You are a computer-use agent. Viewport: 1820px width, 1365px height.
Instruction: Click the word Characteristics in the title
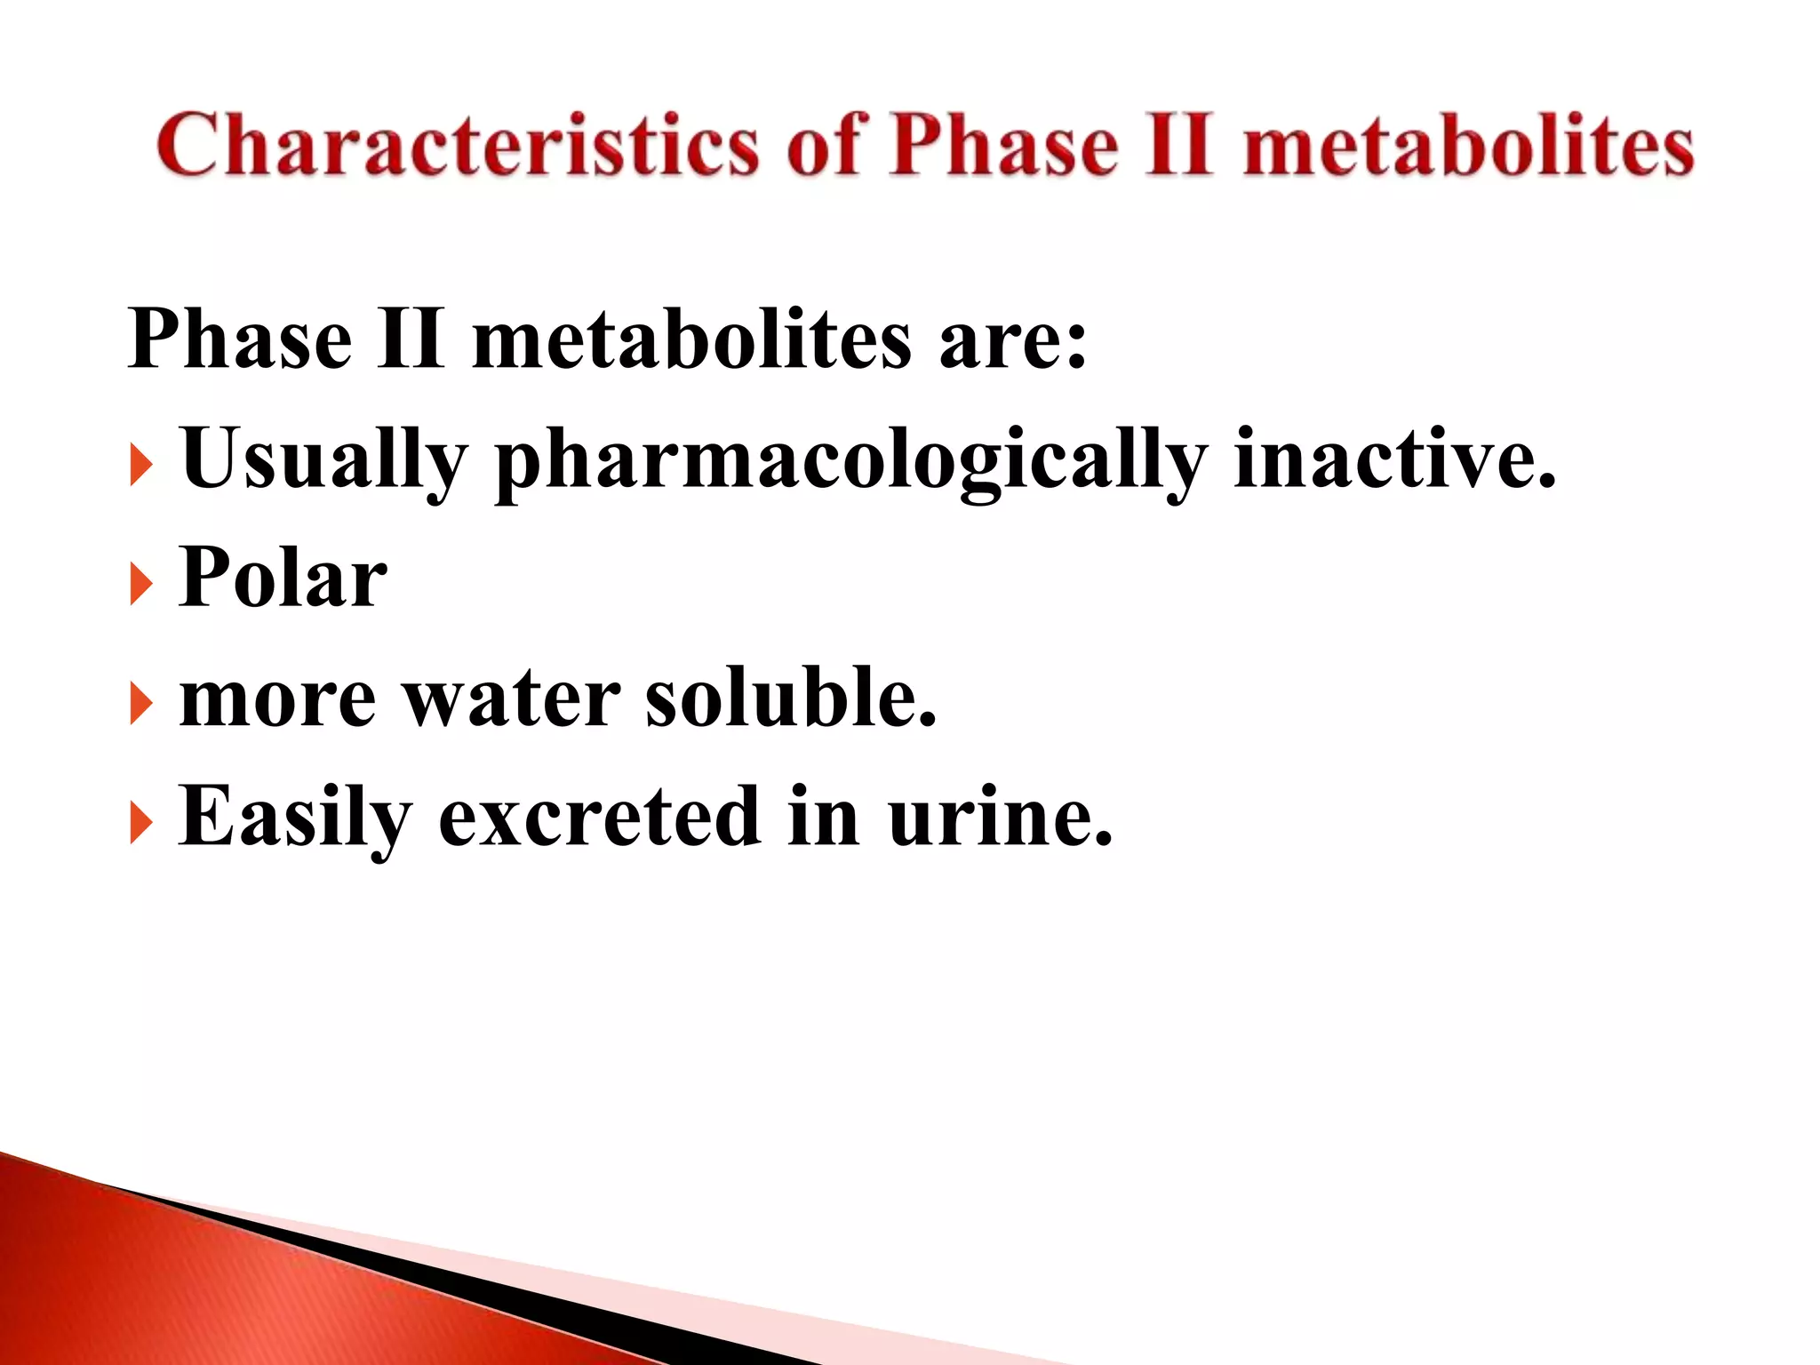[457, 144]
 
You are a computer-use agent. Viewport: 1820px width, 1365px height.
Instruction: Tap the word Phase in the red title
[1003, 144]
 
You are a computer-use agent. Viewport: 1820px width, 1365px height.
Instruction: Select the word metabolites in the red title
[1468, 144]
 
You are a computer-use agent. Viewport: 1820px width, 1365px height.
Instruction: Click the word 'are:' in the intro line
[1012, 340]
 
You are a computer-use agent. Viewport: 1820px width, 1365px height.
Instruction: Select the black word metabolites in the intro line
[691, 340]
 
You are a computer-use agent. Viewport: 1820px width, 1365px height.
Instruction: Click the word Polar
[283, 578]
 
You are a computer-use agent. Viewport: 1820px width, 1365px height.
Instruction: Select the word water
[512, 698]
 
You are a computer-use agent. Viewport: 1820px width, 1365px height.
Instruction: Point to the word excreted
[599, 817]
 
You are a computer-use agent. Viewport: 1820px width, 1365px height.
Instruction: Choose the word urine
[1000, 817]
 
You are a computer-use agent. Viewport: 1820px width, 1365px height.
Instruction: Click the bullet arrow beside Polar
[140, 586]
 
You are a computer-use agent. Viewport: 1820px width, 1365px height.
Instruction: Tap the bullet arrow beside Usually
[140, 466]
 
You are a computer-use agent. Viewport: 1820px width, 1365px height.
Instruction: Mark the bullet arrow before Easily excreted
[140, 824]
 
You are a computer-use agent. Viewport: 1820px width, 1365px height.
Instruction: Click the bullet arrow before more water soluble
[140, 705]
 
